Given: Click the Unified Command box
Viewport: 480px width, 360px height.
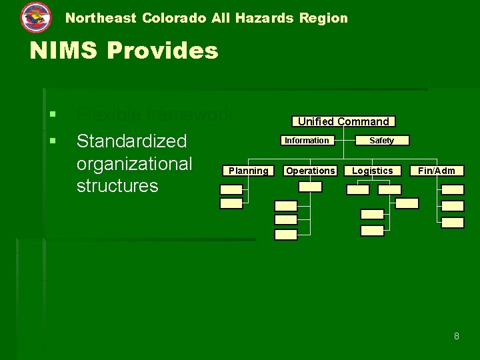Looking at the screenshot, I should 343,121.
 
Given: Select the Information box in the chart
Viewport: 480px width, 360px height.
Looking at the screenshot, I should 307,141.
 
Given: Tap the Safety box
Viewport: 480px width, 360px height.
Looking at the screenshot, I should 381,141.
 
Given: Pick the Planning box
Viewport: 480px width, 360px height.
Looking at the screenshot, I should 248,171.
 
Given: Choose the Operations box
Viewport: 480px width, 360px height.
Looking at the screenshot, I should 310,171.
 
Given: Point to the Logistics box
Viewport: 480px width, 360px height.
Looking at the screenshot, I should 373,171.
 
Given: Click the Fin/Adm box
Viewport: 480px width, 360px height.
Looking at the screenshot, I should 437,171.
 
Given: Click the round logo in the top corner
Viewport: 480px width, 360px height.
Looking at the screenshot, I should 37,17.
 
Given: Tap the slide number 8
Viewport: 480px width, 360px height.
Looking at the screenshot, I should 456,336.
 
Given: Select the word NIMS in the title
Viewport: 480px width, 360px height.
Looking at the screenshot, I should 63,51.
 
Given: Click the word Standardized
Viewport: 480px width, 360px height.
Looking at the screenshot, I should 132,141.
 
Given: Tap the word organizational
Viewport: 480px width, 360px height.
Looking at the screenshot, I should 135,163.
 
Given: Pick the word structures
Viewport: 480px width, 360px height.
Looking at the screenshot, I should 117,185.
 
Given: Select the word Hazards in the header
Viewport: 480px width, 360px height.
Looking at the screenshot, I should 266,18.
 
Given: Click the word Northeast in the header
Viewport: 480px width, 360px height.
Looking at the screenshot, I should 101,18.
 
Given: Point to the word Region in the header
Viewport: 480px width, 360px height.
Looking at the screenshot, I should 323,18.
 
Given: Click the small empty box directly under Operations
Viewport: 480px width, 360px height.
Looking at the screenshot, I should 310,187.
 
